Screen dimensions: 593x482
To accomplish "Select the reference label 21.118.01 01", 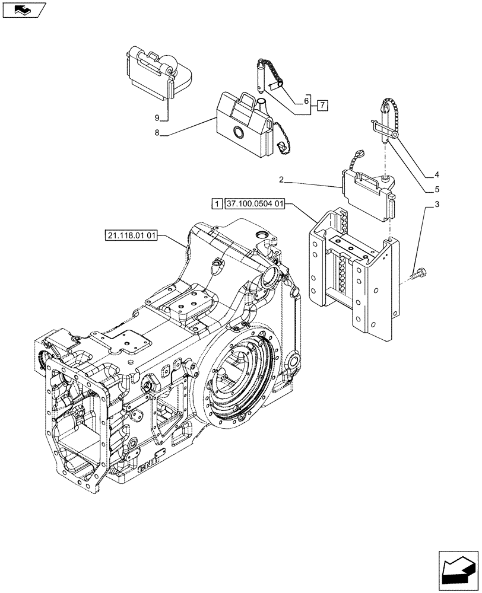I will pyautogui.click(x=132, y=235).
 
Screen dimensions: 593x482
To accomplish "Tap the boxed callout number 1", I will pyautogui.click(x=217, y=204).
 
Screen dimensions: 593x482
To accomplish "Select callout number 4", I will pyautogui.click(x=436, y=174).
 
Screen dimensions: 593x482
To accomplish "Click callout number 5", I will pyautogui.click(x=436, y=190).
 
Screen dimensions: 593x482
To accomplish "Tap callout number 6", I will pyautogui.click(x=306, y=101).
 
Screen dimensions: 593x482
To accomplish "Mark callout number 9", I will pyautogui.click(x=157, y=117).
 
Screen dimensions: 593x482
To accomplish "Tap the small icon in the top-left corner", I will pyautogui.click(x=24, y=9).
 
